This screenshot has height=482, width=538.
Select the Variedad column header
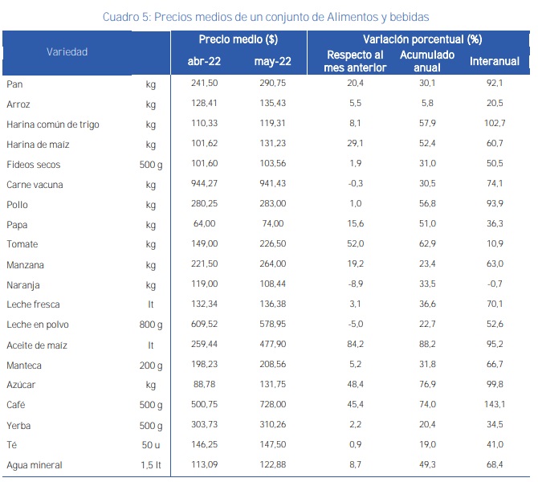(x=67, y=51)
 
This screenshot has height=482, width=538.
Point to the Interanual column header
(x=495, y=61)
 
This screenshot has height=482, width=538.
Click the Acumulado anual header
(x=426, y=61)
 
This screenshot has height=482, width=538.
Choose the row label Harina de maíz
(x=40, y=145)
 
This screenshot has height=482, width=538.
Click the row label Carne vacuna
(x=35, y=185)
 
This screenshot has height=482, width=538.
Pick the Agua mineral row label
(x=35, y=465)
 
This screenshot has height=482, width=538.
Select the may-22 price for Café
(x=271, y=405)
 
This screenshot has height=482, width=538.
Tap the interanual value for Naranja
(x=495, y=285)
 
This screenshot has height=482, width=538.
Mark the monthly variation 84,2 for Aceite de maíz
(x=356, y=345)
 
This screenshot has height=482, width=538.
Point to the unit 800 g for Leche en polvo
(x=151, y=325)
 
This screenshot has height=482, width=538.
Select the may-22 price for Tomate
(x=271, y=244)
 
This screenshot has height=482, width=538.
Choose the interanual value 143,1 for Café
(x=495, y=405)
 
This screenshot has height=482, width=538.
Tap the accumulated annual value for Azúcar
(x=426, y=385)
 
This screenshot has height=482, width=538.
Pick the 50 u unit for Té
(x=151, y=445)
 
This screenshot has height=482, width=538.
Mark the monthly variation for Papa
(x=356, y=225)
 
